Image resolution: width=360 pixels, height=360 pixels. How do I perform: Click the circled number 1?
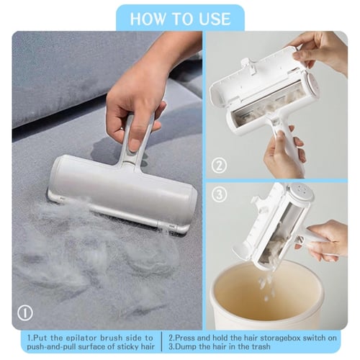coord(25,312)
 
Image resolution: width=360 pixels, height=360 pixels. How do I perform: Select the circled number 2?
coord(219,165)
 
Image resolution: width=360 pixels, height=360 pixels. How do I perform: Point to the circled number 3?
coord(219,194)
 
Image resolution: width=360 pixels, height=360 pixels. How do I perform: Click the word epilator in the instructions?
coord(81,338)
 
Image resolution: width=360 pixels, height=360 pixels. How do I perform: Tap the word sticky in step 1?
coord(122,347)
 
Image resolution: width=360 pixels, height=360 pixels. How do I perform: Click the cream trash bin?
coord(267,295)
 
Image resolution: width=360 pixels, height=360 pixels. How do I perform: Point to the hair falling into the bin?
coord(265,287)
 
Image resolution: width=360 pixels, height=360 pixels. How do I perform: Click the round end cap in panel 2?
coord(312,85)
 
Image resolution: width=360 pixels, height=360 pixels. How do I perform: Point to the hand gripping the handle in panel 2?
coord(284,153)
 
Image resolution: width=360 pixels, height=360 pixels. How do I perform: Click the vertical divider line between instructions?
coord(162,341)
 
